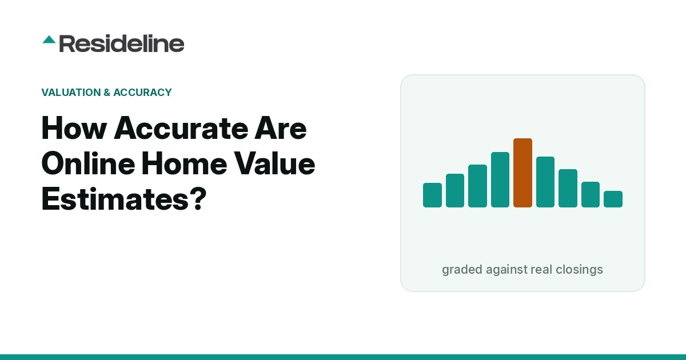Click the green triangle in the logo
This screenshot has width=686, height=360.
(x=49, y=40)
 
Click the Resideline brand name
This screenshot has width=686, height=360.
(x=122, y=43)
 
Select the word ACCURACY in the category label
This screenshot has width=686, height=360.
(x=142, y=93)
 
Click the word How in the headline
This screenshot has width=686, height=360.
(x=74, y=128)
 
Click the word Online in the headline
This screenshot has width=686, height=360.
(x=88, y=163)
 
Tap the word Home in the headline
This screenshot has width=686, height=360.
(x=184, y=163)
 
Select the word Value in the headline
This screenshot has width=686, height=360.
(x=274, y=163)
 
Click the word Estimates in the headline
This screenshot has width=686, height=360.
(x=115, y=199)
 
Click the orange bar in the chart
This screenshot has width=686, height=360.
(x=523, y=173)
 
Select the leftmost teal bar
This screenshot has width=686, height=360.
(x=432, y=195)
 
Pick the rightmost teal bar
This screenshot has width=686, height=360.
(x=613, y=199)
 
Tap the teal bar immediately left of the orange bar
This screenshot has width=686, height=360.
(x=500, y=179)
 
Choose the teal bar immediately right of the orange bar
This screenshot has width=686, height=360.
(x=545, y=182)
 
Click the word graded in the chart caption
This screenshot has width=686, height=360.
(x=462, y=270)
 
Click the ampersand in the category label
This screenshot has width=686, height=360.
(x=107, y=93)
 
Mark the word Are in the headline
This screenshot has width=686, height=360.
(x=281, y=128)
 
